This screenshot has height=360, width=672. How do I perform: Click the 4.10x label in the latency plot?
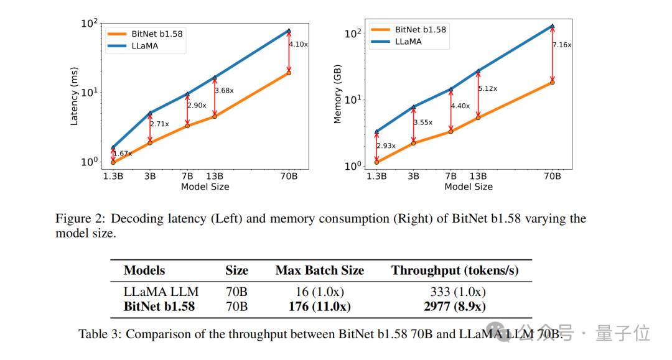pos(299,44)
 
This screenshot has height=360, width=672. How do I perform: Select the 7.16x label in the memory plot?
pos(562,45)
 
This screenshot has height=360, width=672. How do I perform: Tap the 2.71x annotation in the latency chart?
pos(159,124)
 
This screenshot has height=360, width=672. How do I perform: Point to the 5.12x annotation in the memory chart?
pos(487,88)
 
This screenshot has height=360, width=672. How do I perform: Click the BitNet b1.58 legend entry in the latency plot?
pos(157,34)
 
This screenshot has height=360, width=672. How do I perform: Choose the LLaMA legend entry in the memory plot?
pos(408,42)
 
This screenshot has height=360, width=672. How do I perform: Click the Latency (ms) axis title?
pos(74,96)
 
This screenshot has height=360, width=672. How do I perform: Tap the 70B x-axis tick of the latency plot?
pos(289,176)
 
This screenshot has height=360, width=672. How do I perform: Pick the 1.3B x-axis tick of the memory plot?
pos(376,176)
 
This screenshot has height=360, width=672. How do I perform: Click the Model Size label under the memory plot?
pos(468,187)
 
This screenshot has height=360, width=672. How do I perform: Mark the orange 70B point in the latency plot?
pos(289,73)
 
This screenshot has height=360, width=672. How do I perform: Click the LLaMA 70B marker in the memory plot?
pos(553,27)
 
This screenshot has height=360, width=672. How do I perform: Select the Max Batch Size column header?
pos(319,270)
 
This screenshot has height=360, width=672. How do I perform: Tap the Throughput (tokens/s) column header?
pos(455,270)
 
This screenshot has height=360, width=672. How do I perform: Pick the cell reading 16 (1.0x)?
pos(319,292)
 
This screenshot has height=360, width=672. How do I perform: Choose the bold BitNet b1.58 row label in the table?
pos(159,306)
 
